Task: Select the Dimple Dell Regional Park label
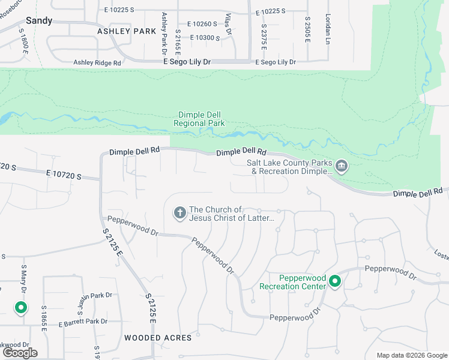[199, 119]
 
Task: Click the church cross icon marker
[179, 213]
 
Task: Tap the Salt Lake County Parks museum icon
[342, 166]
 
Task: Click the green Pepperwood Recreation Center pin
[335, 281]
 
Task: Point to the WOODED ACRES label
[158, 338]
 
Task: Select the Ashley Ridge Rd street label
[97, 62]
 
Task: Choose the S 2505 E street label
[307, 29]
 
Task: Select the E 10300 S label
[205, 38]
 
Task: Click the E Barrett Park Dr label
[83, 323]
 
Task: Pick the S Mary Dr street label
[25, 280]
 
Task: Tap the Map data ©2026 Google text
[412, 355]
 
